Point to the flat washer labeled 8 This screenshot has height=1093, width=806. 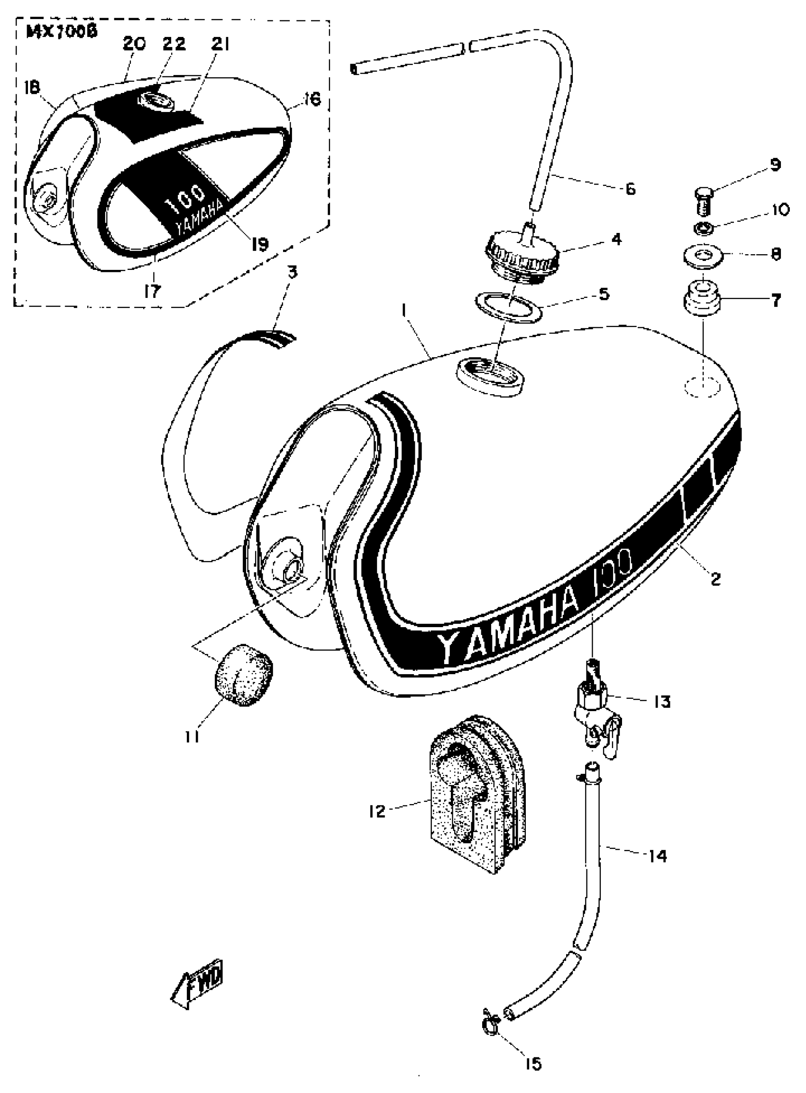702,256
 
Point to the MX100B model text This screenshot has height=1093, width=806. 62,32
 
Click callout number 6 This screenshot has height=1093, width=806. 631,189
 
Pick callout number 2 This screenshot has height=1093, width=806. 715,579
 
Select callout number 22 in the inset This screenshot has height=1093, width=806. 174,44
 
